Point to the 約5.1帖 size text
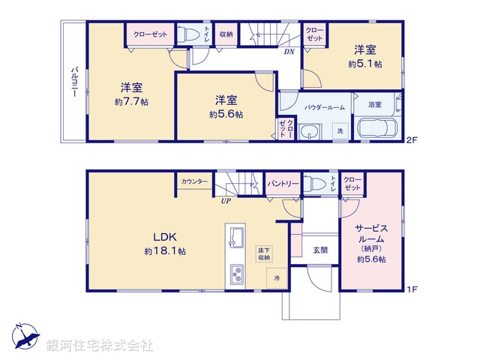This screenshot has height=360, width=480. (365, 64)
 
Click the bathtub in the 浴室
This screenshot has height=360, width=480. (378, 129)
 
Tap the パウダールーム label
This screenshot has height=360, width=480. (324, 107)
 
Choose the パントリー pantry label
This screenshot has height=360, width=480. (283, 183)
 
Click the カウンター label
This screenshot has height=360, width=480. (194, 181)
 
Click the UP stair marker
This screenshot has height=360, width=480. (225, 200)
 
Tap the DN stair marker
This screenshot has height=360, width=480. (288, 52)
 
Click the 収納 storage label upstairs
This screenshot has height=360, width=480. (226, 34)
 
